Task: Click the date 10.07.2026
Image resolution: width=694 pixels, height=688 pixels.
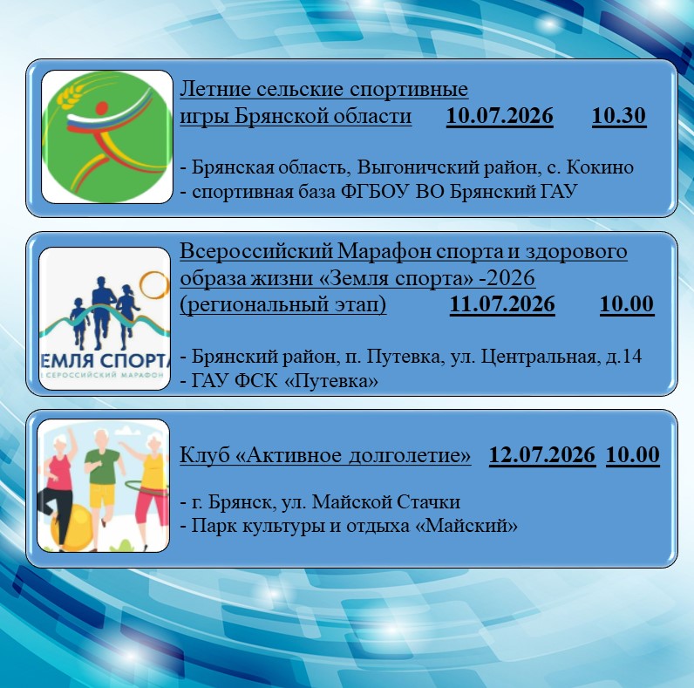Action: [x=500, y=116]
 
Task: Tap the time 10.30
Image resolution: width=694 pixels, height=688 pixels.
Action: [x=619, y=116]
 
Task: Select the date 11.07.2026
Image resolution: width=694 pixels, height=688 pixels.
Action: [x=502, y=304]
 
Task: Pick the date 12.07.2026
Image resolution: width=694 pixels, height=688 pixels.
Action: [x=542, y=455]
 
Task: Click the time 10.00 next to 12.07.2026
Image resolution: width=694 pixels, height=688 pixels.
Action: [x=633, y=455]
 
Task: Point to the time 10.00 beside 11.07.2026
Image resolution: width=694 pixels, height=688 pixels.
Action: [x=627, y=304]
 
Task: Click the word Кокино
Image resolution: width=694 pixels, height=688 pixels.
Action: [x=600, y=167]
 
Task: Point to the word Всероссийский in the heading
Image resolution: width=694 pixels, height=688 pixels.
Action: [x=256, y=252]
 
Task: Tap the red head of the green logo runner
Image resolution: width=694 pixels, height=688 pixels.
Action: [x=102, y=108]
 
